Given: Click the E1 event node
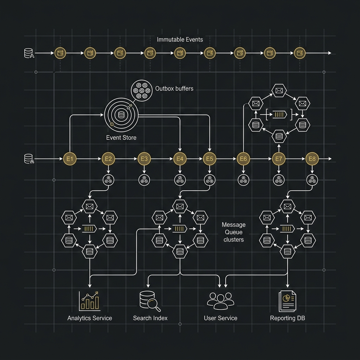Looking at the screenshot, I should pyautogui.click(x=69, y=159).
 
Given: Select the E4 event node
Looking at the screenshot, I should pyautogui.click(x=180, y=159).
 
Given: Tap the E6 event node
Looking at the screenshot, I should pyautogui.click(x=243, y=159).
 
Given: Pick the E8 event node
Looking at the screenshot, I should pyautogui.click(x=312, y=159).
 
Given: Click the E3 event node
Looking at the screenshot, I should pyautogui.click(x=144, y=159).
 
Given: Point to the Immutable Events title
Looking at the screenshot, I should pyautogui.click(x=180, y=39).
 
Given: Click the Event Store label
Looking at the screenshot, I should pyautogui.click(x=121, y=137).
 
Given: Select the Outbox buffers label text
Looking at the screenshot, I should pyautogui.click(x=174, y=89).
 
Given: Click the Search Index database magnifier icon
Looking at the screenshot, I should pyautogui.click(x=149, y=301).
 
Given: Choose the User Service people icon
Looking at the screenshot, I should pyautogui.click(x=220, y=301).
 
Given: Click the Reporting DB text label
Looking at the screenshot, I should pyautogui.click(x=288, y=318).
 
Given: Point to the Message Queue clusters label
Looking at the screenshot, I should pyautogui.click(x=234, y=232).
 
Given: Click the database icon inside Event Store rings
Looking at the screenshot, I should pyautogui.click(x=121, y=115).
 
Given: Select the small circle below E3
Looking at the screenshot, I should pyautogui.click(x=144, y=180).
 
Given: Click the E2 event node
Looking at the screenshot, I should pyautogui.click(x=108, y=159).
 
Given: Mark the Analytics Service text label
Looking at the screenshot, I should pyautogui.click(x=90, y=318).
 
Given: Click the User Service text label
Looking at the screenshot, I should pyautogui.click(x=220, y=318).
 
